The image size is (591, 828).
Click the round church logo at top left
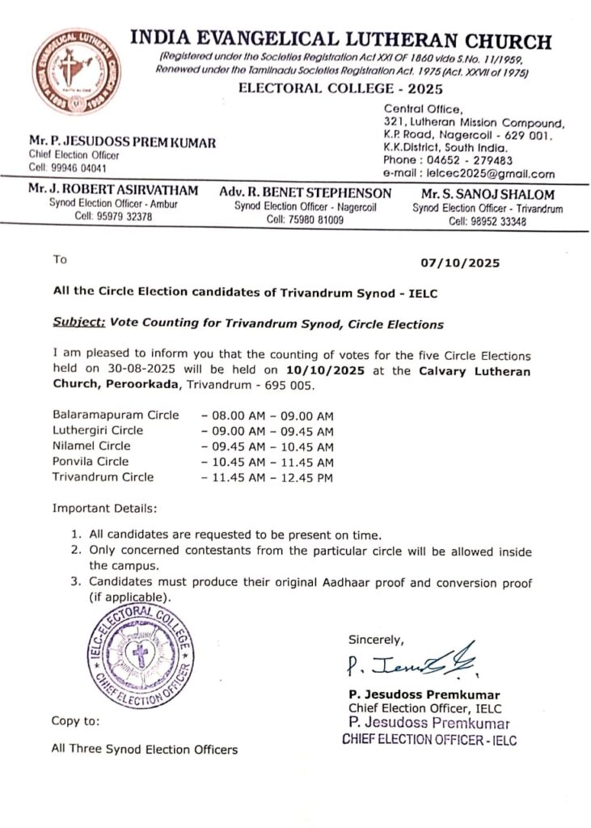coord(77,70)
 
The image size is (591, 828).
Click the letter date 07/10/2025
coord(461,263)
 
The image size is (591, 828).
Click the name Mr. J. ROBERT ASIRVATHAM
coord(112,191)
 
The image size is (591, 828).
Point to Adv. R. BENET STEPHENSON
coord(305,193)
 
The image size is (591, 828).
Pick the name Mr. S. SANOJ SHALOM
coord(487,194)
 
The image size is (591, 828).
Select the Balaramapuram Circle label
coord(116,415)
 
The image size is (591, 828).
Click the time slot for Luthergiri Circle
coord(268,431)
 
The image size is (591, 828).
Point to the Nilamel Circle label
coord(91,446)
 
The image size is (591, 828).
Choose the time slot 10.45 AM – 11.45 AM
coord(268,462)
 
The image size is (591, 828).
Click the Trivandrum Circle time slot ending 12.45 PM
coord(268,477)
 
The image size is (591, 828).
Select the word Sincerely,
coord(376,640)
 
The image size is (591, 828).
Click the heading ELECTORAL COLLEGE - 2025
coord(335,89)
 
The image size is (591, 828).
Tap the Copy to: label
coord(76,720)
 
